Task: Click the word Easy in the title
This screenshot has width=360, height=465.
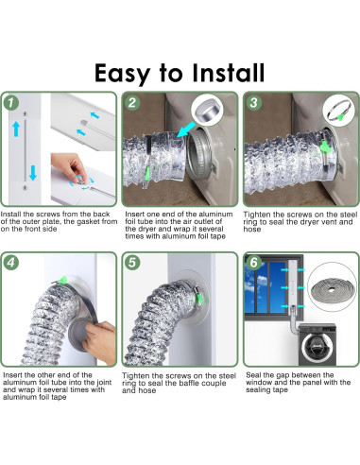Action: pos(122,74)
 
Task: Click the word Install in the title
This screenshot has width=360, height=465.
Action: pos(228,73)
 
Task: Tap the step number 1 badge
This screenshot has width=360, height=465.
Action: pos(11,102)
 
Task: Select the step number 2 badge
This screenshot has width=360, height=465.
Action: pos(132,102)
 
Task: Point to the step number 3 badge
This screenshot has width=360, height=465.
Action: pos(253,102)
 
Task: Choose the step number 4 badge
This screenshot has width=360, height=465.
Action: pos(11,263)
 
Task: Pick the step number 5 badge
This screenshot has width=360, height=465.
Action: pos(132,263)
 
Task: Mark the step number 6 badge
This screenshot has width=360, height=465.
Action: pos(253,263)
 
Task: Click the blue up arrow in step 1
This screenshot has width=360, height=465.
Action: pos(16,129)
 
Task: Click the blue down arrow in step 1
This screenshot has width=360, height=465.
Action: pos(33,173)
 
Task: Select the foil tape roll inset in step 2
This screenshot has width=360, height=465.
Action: pos(207,111)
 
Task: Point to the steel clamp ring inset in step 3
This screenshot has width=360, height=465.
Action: pos(339,111)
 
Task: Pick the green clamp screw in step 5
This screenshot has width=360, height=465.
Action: pos(200,299)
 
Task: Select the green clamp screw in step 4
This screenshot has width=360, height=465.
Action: pos(63,280)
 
